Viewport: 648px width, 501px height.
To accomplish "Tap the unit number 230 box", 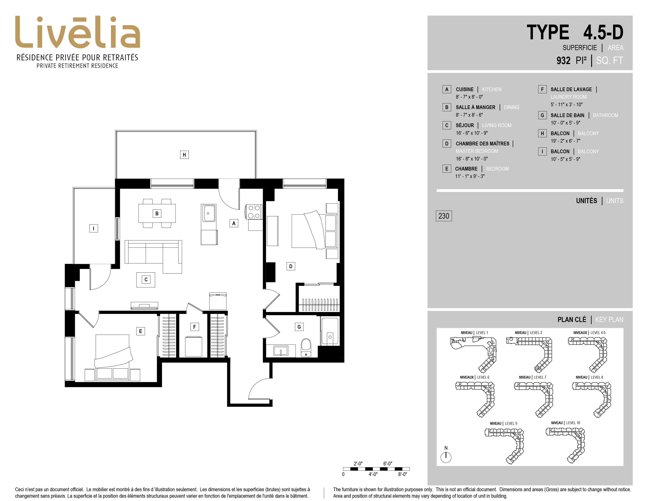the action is point(444,216).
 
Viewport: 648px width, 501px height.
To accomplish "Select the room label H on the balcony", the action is point(184,155).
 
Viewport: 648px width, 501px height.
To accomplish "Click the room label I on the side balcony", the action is point(93,228).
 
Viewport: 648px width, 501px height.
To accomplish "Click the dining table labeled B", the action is point(157,213).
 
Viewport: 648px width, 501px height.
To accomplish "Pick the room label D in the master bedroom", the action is point(290,266).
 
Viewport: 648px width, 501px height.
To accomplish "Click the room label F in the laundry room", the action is point(194,327).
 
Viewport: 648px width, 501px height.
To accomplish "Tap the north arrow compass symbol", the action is point(446,457).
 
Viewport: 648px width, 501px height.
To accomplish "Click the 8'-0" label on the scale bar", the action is point(402,474).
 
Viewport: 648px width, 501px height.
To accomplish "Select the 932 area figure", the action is point(563,61).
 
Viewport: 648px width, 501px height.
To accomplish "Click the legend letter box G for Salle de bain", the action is point(542,115).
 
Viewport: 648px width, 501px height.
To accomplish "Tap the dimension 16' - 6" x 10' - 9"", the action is point(472,133).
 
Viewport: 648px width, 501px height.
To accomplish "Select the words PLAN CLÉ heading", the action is point(572,320).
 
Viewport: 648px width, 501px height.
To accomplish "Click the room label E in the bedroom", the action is point(140,331).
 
